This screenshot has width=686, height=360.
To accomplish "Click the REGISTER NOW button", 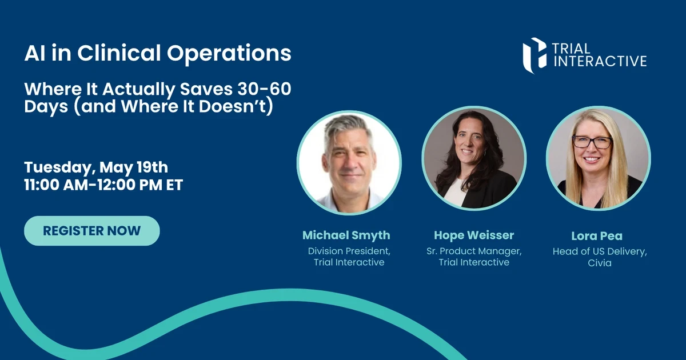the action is tap(92, 231).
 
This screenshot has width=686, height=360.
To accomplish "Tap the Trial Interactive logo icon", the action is tap(535, 55).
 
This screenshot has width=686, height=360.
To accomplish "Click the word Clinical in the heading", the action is tap(119, 53).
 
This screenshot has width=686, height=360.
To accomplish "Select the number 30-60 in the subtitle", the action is tap(264, 89).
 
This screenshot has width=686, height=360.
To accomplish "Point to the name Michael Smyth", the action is tap(346, 235).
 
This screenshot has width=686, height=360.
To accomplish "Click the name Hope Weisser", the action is tap(474, 235).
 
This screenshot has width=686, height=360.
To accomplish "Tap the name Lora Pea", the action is tap(597, 236).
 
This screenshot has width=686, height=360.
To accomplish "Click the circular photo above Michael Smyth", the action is tap(349, 162).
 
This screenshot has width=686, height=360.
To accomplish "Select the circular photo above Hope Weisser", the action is tap(474, 158).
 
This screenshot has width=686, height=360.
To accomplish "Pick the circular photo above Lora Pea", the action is tap(599, 158).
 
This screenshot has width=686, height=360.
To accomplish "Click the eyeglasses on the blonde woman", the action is tap(592, 142).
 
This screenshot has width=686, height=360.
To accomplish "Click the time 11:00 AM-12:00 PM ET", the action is tap(103, 185).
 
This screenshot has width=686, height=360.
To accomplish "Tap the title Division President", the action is tap(349, 251).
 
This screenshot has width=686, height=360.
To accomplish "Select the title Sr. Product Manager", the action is tap(474, 251).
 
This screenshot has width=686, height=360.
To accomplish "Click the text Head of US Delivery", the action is tap(600, 251).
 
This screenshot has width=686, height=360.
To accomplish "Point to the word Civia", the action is tap(600, 263).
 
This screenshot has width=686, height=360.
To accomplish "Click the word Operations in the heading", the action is tap(229, 54).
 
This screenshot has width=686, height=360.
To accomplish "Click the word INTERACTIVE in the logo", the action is tap(600, 61).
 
